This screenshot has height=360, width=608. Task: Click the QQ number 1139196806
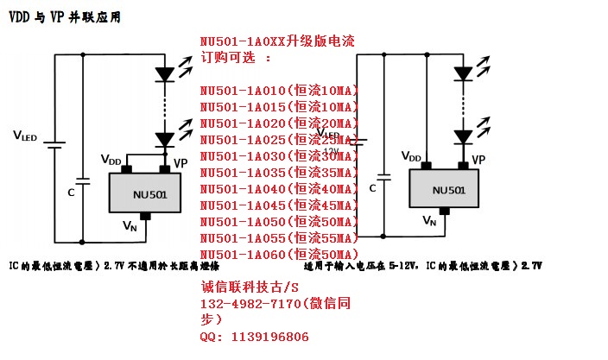click(x=269, y=337)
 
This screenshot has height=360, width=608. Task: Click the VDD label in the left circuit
click(x=111, y=161)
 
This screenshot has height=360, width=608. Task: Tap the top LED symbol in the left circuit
click(x=164, y=75)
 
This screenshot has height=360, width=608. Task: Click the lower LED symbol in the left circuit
click(x=164, y=138)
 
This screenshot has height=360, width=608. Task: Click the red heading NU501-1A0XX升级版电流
click(x=277, y=41)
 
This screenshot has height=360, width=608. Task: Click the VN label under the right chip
click(x=429, y=221)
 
